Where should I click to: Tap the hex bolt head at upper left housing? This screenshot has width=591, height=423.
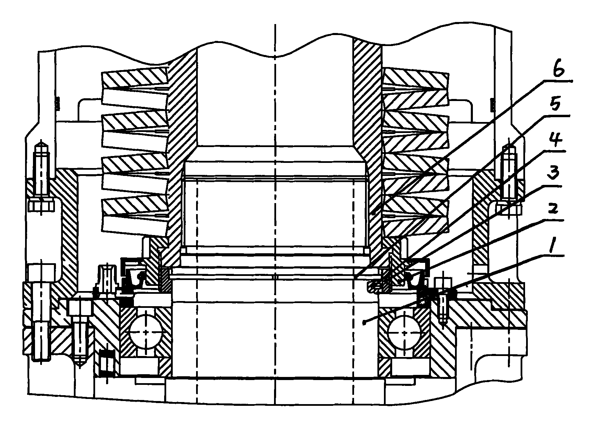41,207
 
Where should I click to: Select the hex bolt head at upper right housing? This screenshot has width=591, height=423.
509,208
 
